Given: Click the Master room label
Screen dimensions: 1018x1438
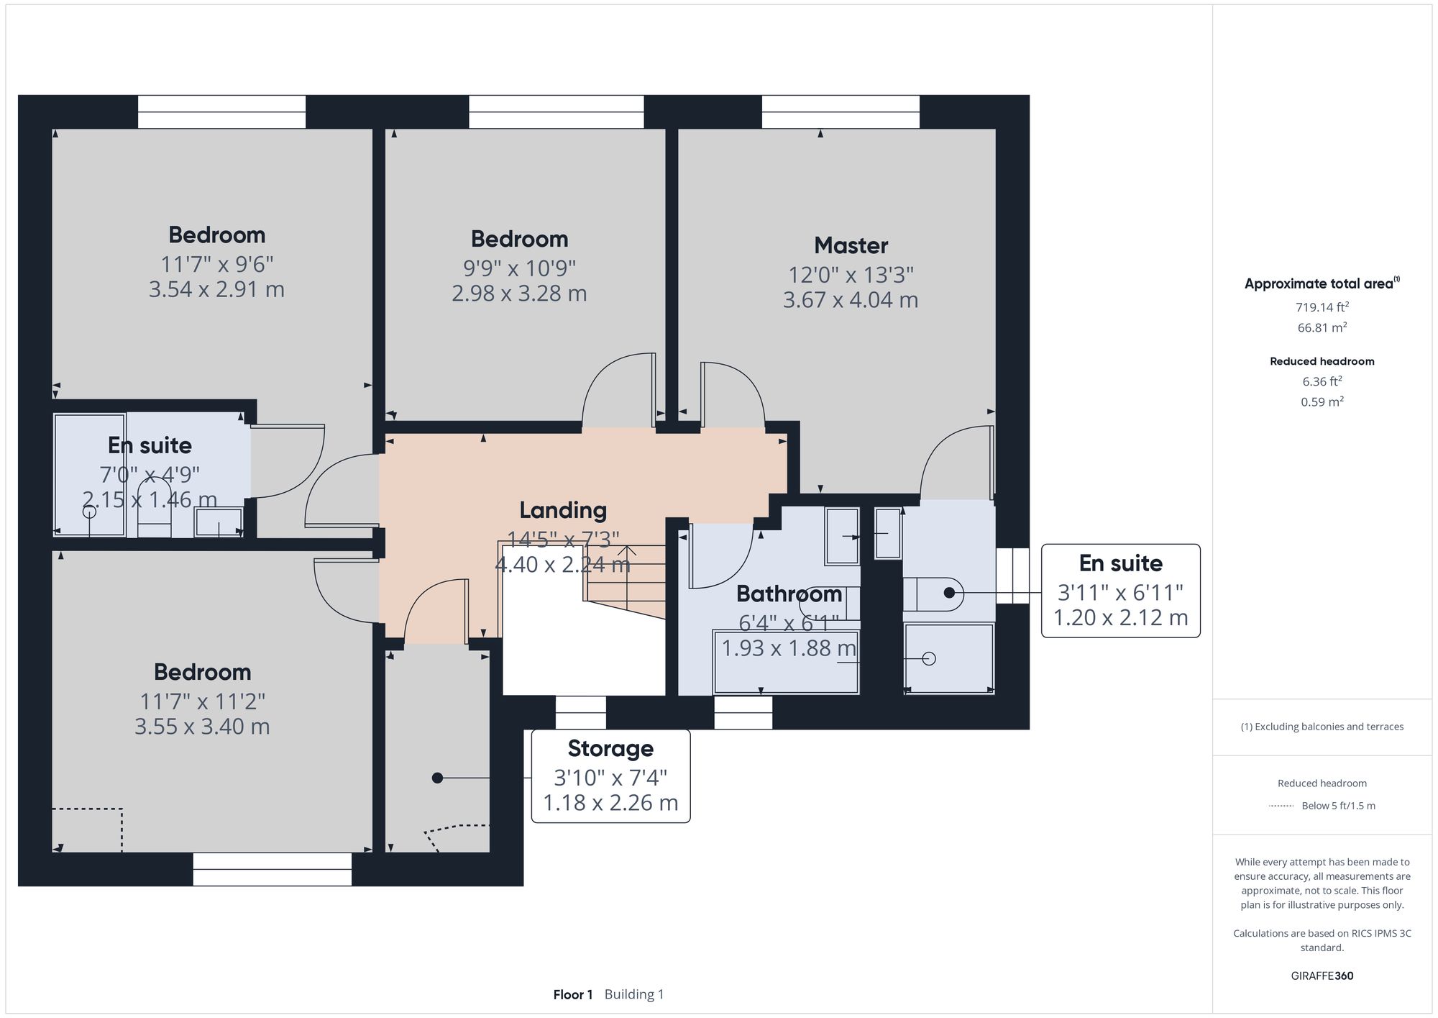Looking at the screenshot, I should pyautogui.click(x=851, y=245).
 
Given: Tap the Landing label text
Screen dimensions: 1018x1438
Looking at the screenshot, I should pyautogui.click(x=563, y=510).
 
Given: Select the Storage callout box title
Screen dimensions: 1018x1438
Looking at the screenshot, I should pyautogui.click(x=610, y=748).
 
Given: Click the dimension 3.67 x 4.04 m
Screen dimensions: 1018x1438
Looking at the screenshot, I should pyautogui.click(x=851, y=300).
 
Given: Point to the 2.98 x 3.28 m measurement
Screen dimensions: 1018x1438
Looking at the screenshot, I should pyautogui.click(x=519, y=294).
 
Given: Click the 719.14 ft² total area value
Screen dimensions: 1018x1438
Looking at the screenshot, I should pyautogui.click(x=1322, y=307).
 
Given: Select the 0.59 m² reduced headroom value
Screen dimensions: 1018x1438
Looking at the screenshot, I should pyautogui.click(x=1322, y=401).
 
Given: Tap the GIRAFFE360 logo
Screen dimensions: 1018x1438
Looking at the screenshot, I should pyautogui.click(x=1322, y=976).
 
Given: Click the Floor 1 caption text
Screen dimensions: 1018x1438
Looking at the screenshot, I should pyautogui.click(x=573, y=994).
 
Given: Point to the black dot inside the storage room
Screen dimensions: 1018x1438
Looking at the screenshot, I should pyautogui.click(x=437, y=778).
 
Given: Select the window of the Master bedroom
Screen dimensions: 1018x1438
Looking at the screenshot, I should pyautogui.click(x=841, y=112).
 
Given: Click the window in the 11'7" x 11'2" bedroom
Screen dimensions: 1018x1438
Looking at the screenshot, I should pyautogui.click(x=272, y=869).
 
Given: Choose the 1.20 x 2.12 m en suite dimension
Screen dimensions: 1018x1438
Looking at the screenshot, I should pyautogui.click(x=1120, y=617).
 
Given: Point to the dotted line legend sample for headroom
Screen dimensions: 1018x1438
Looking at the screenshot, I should pyautogui.click(x=1281, y=806).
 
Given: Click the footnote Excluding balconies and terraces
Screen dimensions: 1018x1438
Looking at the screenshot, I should pyautogui.click(x=1322, y=727).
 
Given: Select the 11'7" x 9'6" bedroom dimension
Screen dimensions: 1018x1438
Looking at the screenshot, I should pyautogui.click(x=216, y=264).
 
